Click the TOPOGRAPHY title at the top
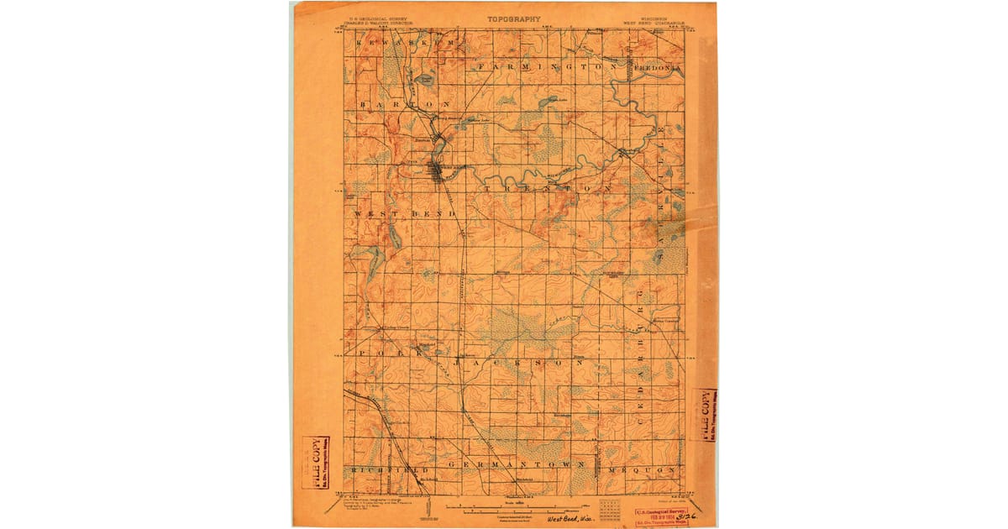(513, 18)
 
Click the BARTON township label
(404, 103)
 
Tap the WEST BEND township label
(406, 214)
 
